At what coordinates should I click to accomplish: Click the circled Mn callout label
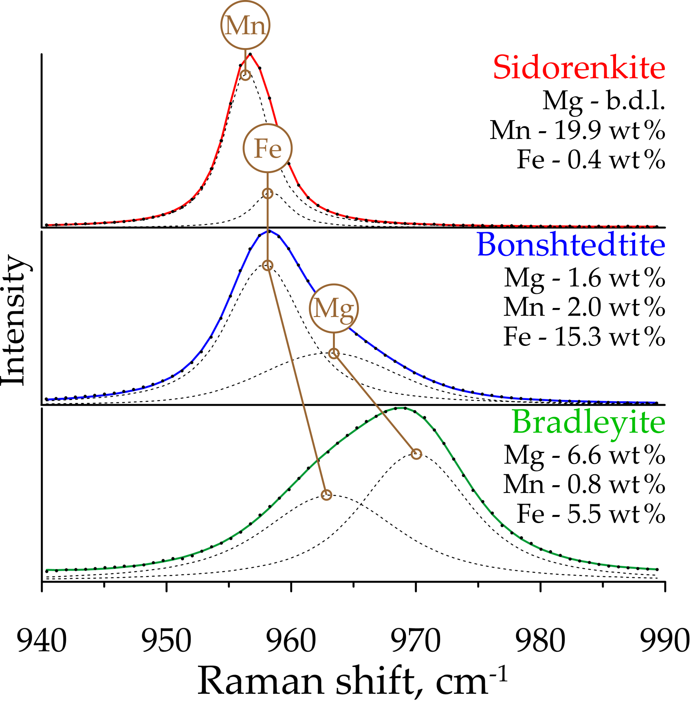[245, 25]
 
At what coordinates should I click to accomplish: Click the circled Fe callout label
[268, 148]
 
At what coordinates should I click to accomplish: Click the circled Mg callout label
[334, 308]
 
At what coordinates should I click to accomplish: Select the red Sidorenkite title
[579, 67]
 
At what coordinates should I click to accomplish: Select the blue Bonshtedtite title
[571, 245]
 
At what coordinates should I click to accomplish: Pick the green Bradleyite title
[588, 422]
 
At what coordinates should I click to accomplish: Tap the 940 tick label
[42, 641]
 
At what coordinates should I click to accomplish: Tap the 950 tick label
[167, 641]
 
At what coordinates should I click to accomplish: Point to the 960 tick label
[291, 641]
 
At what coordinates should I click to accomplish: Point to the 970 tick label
[416, 641]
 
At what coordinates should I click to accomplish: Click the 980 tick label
[540, 641]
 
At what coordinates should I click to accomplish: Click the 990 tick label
[665, 641]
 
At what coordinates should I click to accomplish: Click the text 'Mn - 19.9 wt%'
[577, 130]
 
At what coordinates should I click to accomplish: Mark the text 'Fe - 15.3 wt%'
[584, 337]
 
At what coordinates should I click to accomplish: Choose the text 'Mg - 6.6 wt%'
[584, 455]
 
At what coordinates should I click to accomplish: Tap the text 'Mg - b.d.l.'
[604, 100]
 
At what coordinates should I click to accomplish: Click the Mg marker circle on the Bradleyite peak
[416, 454]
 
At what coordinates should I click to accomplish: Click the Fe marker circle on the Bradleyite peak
[326, 495]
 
